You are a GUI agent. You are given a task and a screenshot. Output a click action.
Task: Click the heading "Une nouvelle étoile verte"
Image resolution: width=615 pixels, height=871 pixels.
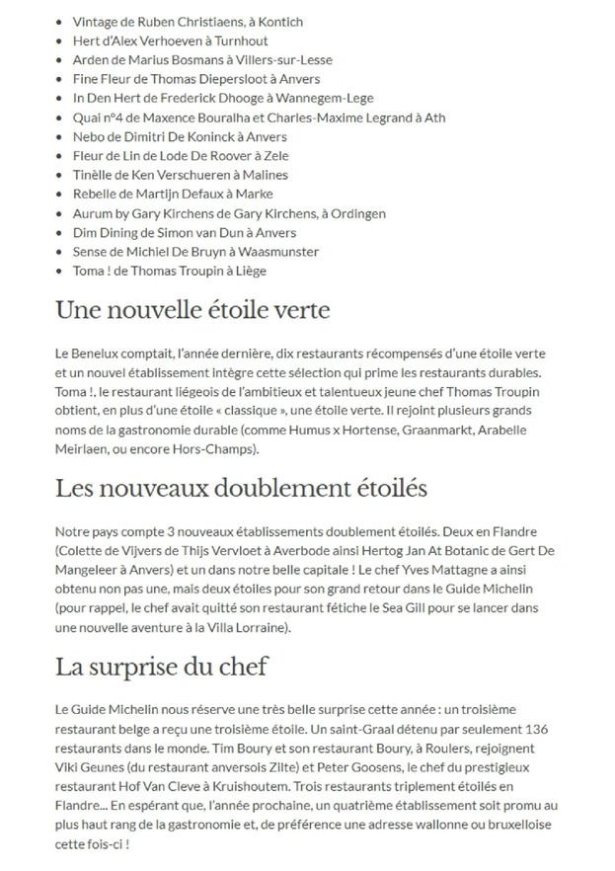tap(192, 310)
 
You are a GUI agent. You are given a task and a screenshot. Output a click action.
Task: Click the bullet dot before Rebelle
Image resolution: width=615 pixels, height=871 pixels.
tap(62, 195)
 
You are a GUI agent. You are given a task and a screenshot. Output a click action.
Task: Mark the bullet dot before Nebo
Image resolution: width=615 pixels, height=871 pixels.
tap(62, 137)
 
